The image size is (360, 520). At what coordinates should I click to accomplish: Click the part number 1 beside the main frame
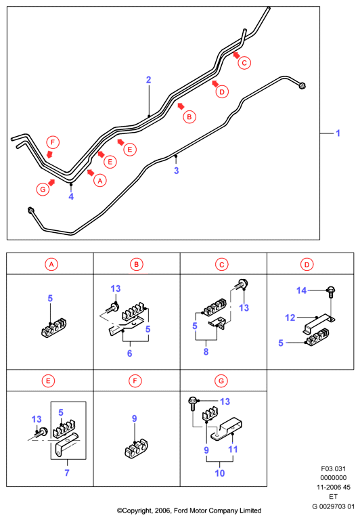tap(338, 133)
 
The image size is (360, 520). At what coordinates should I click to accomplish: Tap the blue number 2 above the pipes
tap(148, 80)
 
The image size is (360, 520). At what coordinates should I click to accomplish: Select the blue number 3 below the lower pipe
tap(177, 171)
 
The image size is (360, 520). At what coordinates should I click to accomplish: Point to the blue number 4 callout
tap(71, 196)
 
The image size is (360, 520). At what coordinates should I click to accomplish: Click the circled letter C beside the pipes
tap(244, 63)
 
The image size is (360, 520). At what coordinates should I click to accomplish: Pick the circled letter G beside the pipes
tap(43, 190)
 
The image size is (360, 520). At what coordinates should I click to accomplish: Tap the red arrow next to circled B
tap(181, 106)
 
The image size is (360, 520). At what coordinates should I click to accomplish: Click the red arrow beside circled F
tap(49, 154)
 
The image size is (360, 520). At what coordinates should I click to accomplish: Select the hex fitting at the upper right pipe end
tap(302, 85)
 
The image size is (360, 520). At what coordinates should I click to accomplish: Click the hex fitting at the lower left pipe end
tap(30, 210)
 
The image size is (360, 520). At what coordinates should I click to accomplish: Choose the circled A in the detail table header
tap(51, 264)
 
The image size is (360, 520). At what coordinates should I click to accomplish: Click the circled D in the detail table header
tap(307, 264)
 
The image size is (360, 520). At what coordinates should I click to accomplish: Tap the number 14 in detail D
tap(301, 290)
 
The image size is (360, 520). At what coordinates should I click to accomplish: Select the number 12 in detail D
tap(290, 318)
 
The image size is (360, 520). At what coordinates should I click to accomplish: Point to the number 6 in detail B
tap(130, 353)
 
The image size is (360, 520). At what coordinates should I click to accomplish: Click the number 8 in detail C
tap(206, 351)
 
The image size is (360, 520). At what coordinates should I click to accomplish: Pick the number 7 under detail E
tap(67, 473)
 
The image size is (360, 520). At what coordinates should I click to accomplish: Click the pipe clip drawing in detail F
tap(136, 449)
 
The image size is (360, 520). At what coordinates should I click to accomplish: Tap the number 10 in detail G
tap(220, 473)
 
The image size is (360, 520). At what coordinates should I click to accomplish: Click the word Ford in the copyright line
tap(181, 511)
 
